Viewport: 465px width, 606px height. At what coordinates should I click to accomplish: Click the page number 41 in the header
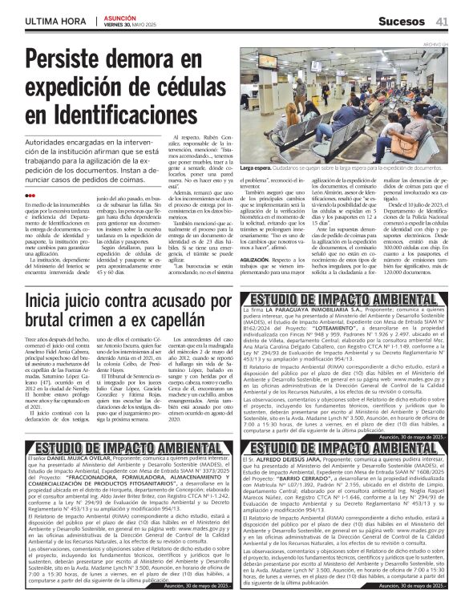(441, 19)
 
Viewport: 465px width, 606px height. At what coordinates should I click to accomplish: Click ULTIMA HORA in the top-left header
(54, 19)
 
